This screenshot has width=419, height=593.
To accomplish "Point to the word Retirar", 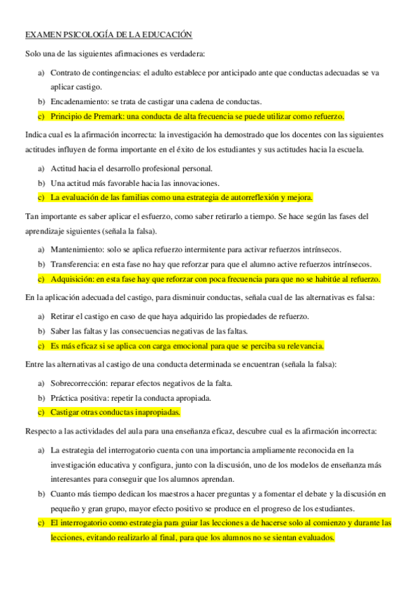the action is click(65, 317).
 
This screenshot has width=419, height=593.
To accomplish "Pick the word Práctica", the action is click(66, 398).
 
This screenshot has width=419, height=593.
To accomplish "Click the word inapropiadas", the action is click(154, 412).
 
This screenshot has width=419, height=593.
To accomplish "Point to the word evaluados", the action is click(314, 538).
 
